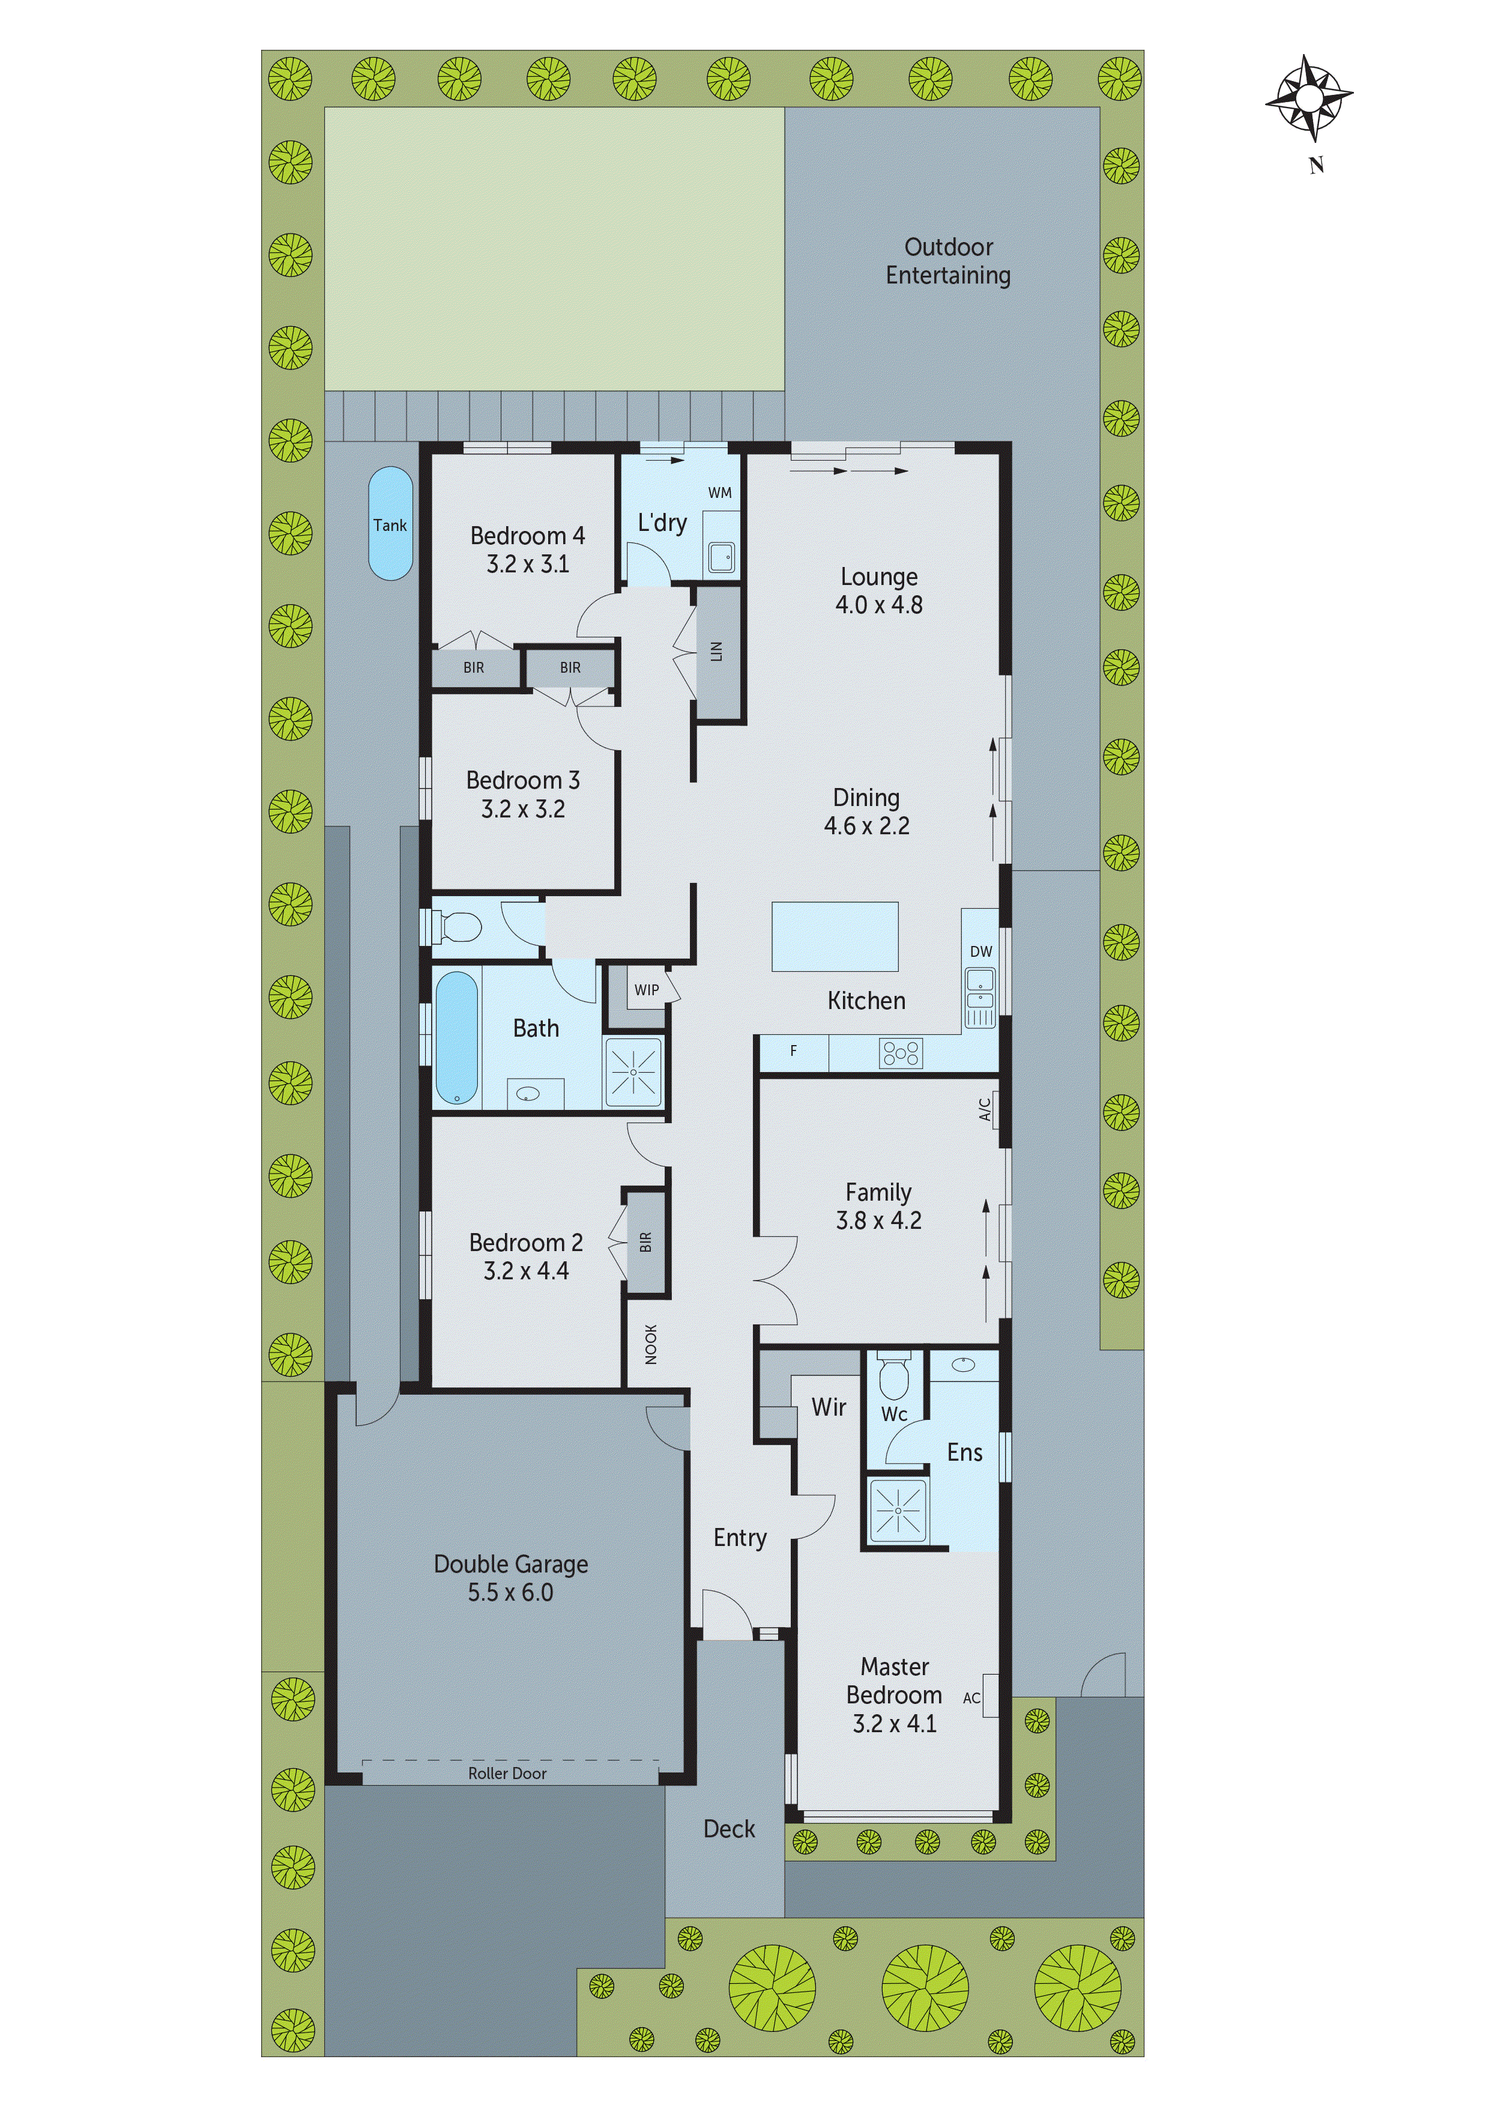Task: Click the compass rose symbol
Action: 1309,98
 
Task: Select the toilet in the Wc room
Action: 893,1377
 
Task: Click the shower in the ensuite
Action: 897,1509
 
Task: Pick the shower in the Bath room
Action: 633,1072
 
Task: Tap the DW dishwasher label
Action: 980,951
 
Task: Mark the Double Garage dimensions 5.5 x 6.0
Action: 510,1593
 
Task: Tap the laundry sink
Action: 721,557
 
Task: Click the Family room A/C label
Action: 985,1109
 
